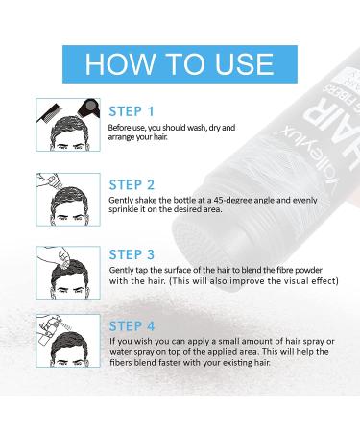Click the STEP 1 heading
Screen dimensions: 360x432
(x=132, y=111)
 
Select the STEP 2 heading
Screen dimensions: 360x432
(x=132, y=185)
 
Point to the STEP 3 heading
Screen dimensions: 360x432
(x=132, y=254)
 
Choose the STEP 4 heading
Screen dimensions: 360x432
(x=132, y=326)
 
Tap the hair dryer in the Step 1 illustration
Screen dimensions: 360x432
(x=88, y=108)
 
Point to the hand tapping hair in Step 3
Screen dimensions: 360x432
(x=60, y=254)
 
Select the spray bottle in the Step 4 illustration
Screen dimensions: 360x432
(x=47, y=333)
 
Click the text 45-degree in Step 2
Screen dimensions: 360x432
(x=230, y=201)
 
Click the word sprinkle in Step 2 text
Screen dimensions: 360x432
(x=121, y=209)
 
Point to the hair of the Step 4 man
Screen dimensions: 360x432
(x=69, y=346)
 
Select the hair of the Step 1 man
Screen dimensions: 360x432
(x=69, y=132)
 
